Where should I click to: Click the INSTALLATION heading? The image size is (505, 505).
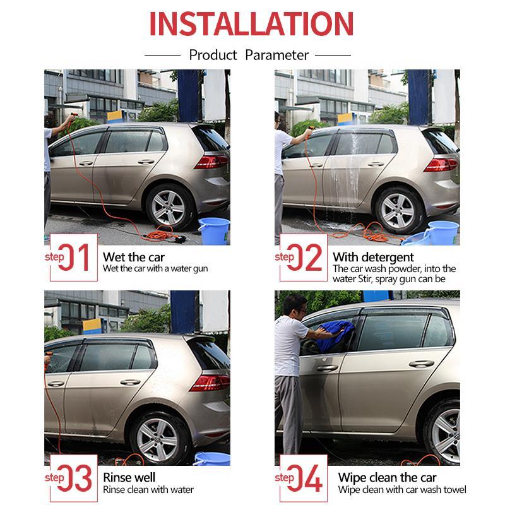point(251,24)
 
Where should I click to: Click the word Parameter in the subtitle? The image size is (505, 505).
point(276,55)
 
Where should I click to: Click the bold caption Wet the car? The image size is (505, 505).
point(133,257)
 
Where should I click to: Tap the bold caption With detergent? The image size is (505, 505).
point(373,257)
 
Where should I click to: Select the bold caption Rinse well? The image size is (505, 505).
point(129,477)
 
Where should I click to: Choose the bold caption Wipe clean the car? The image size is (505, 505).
point(387,477)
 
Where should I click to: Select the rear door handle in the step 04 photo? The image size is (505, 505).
point(420,364)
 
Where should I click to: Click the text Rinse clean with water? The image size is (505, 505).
point(148,490)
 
